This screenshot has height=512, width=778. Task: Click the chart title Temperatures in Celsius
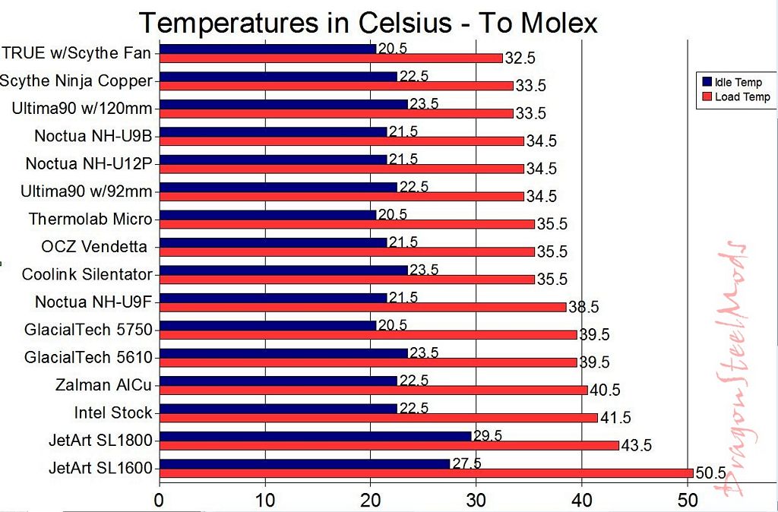(368, 23)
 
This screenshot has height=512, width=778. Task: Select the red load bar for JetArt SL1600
(425, 473)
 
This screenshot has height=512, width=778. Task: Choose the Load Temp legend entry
(737, 97)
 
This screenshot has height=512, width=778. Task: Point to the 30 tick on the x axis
(476, 501)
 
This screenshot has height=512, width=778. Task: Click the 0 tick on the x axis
(159, 501)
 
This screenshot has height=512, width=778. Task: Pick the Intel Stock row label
(113, 412)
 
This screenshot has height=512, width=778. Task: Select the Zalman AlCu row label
(104, 384)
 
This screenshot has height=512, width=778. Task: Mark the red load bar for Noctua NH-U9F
(362, 307)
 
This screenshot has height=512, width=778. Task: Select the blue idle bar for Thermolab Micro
(267, 215)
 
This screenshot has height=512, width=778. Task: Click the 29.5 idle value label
(488, 436)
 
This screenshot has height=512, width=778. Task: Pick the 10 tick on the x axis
(264, 501)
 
